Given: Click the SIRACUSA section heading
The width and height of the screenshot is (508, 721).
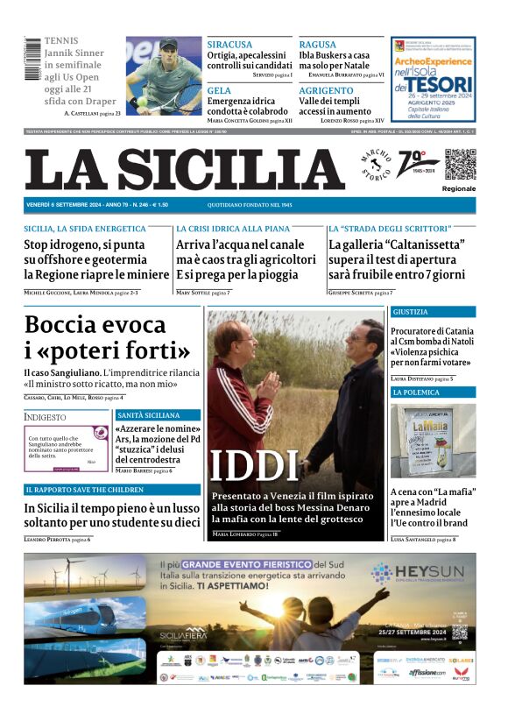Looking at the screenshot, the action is (x=229, y=45).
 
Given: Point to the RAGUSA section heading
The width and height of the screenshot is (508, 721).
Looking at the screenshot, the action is (x=317, y=45).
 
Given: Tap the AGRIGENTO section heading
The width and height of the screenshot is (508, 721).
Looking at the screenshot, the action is (x=326, y=90).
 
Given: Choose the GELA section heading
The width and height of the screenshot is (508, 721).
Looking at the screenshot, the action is (x=219, y=90).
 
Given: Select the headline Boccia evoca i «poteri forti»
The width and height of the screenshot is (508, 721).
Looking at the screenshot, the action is (x=107, y=338).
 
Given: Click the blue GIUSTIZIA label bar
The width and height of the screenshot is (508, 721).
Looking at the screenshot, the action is (x=433, y=312).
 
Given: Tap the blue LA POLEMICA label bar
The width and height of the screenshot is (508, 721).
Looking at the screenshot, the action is (x=433, y=392).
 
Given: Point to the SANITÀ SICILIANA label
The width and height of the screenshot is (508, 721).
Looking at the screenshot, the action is (x=148, y=414).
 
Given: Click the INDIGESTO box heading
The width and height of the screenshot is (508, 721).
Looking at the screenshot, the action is (x=46, y=417).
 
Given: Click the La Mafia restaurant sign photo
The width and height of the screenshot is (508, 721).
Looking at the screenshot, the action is (x=433, y=441).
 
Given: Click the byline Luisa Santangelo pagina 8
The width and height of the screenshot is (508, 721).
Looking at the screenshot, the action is (x=422, y=540).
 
